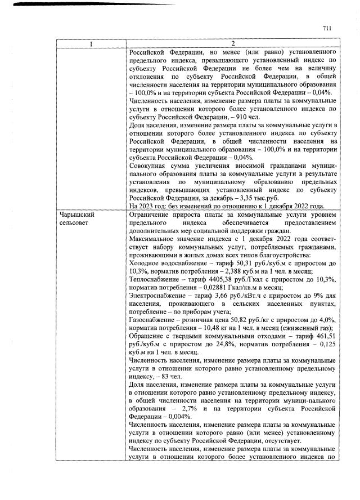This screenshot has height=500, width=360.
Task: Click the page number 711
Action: [328, 28]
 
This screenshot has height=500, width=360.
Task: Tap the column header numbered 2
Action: [232, 44]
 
